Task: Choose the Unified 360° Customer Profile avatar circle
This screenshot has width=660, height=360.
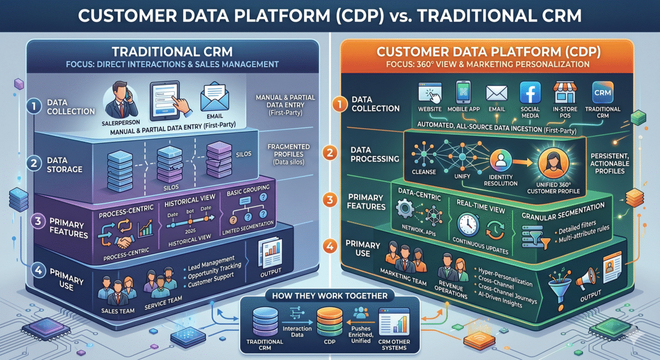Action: (551, 164)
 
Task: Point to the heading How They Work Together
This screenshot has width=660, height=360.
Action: (330, 296)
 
